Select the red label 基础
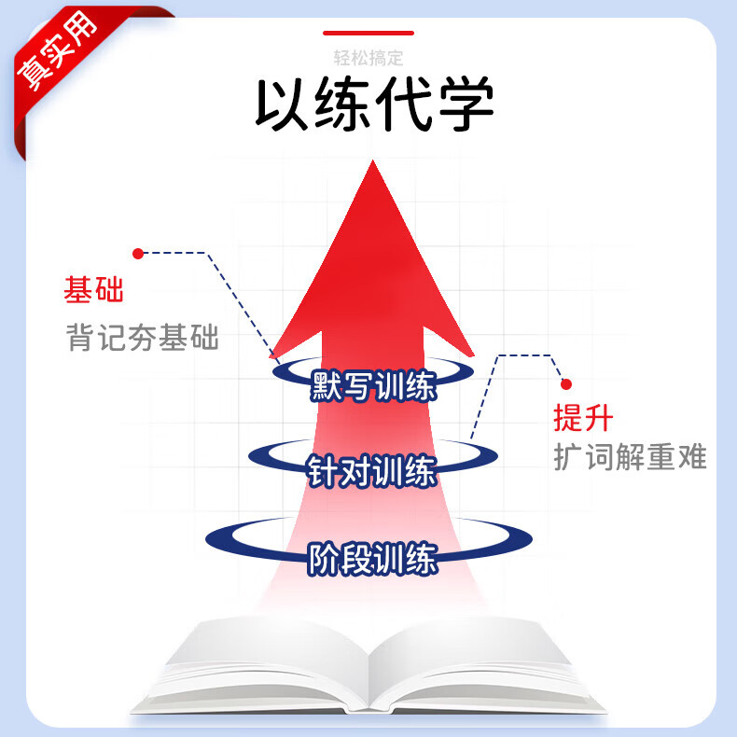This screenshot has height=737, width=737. click(93, 290)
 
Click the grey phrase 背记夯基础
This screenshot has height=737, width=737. click(142, 338)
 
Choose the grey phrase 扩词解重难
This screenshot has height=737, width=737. click(630, 457)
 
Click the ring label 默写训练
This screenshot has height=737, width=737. click(373, 385)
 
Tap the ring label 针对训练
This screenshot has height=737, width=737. click(372, 471)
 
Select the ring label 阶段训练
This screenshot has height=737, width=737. click(372, 561)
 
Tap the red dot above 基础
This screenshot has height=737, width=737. click(138, 253)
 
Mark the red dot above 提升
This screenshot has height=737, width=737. click(564, 383)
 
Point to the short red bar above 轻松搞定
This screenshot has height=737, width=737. click(368, 33)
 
